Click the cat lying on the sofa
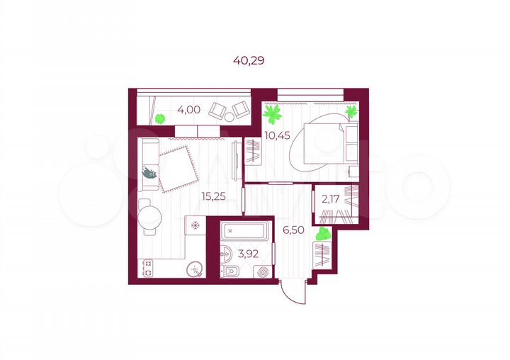149,172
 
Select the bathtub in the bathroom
243,230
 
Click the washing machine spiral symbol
263,271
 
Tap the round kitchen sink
195,269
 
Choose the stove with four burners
149,268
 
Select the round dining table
149,218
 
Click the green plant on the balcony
160,118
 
